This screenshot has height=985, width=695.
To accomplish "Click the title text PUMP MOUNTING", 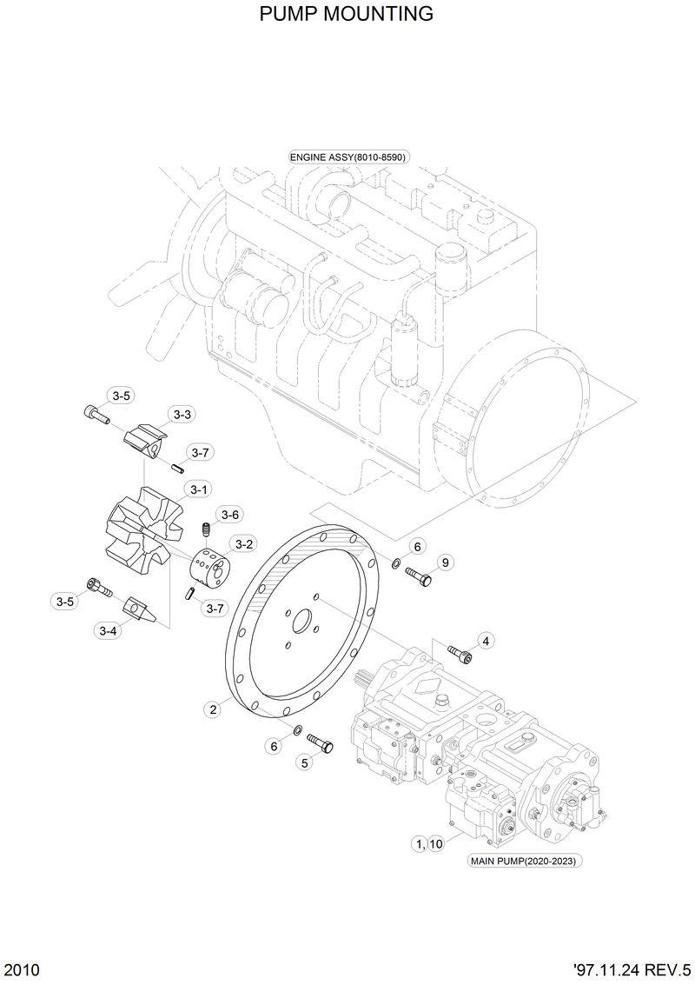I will point(347,15).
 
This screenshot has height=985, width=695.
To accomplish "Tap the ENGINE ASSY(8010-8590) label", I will point(348,156).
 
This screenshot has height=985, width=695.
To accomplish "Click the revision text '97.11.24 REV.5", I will point(632,969).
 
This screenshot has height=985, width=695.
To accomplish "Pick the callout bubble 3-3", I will point(181,415).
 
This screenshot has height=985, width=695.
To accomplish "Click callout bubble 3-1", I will point(198,489).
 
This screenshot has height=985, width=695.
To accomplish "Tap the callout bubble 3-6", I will point(229,515).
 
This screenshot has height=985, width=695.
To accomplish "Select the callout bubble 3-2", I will point(244,544).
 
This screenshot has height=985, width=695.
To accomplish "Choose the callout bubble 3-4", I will point(108,630).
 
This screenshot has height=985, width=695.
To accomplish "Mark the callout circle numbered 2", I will point(212,709).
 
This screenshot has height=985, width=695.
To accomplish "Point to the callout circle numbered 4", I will point(485,641).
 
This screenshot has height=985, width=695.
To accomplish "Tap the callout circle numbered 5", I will point(304,763).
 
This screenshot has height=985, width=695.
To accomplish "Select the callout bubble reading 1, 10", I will point(429,843).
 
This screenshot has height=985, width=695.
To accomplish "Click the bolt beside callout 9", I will point(418,576).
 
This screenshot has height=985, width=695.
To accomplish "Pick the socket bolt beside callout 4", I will point(460,653).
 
